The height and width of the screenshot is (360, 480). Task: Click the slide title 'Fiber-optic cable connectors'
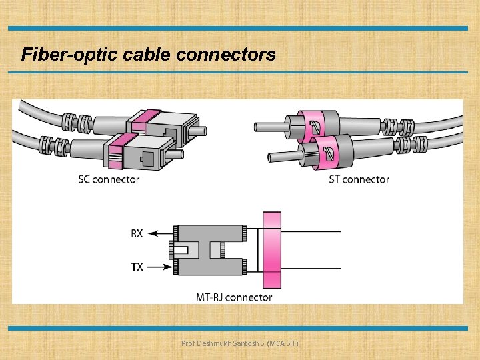[x=148, y=54]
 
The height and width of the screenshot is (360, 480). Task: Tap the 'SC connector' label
[x=108, y=179]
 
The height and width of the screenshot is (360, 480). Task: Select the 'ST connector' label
[x=359, y=179]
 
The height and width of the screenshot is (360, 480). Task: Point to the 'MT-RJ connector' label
[x=233, y=297]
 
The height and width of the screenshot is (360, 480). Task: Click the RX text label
[x=136, y=233]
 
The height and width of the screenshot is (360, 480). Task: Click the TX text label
[x=136, y=267]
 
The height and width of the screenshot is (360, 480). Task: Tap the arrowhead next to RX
[x=153, y=233]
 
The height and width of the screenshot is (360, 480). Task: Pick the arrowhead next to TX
[x=167, y=267]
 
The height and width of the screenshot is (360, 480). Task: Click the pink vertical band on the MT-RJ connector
[x=272, y=250]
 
